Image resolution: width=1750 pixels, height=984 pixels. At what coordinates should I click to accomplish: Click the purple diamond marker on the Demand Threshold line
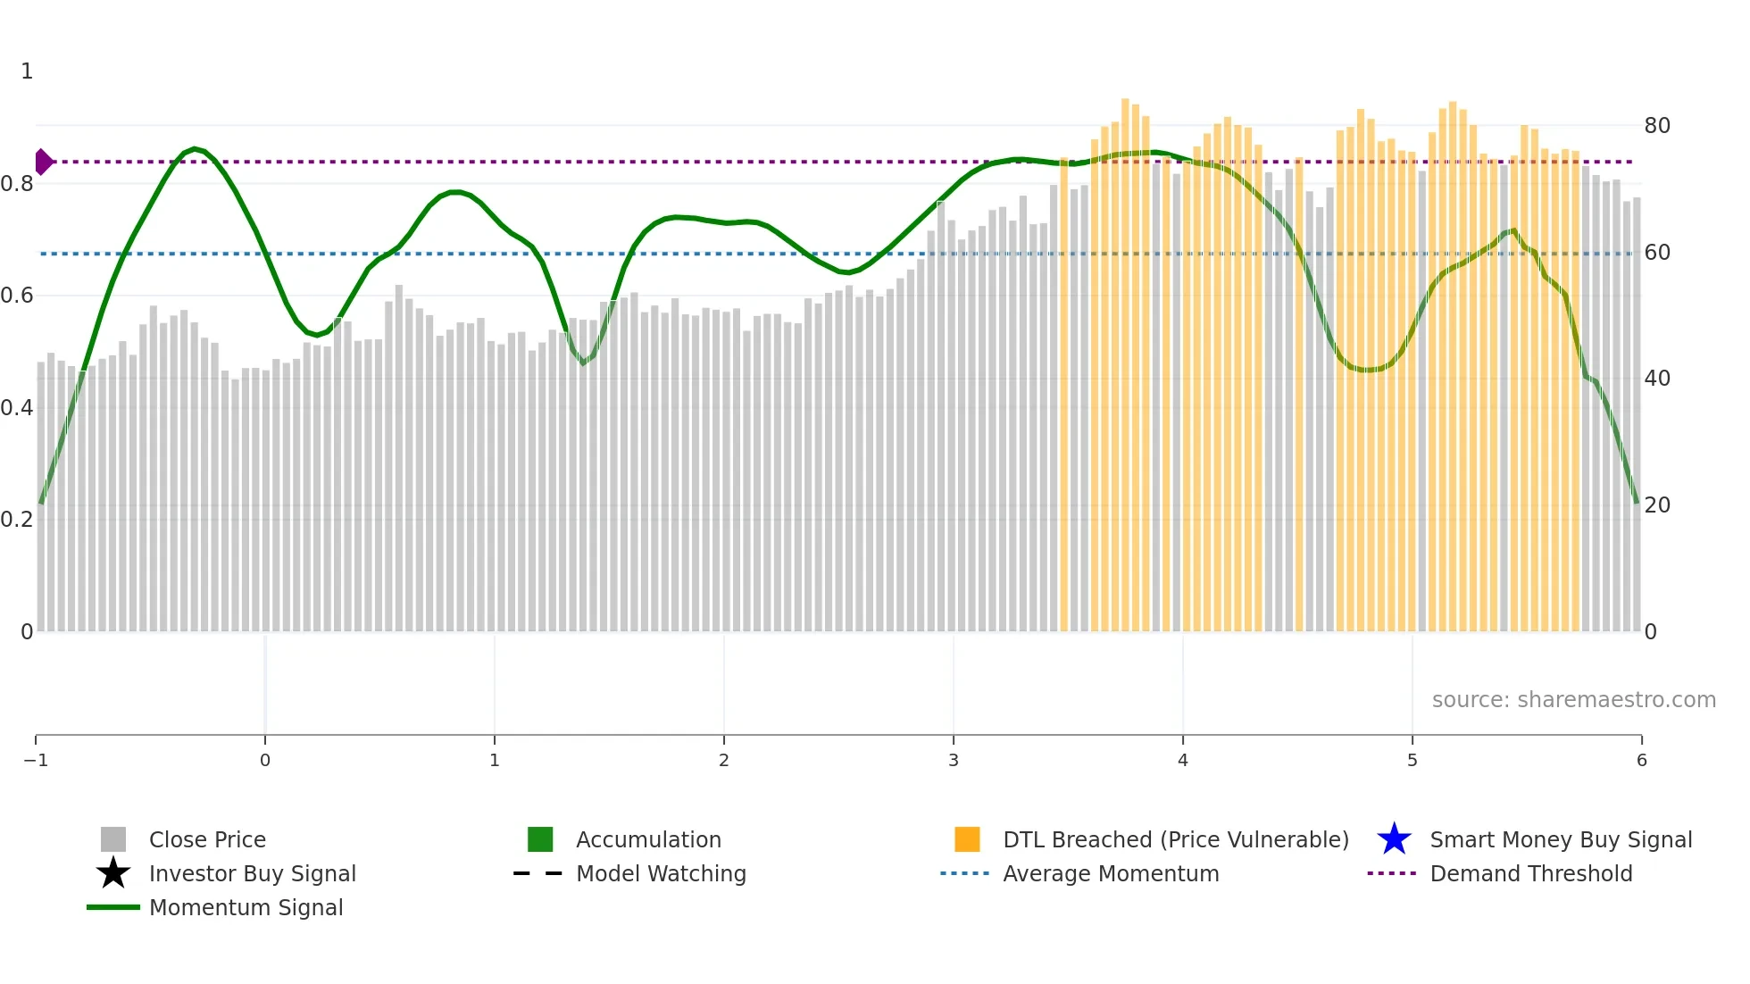43,162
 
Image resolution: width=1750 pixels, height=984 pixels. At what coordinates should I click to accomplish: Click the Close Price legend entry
207,839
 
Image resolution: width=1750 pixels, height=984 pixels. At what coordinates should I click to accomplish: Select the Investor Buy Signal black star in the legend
113,873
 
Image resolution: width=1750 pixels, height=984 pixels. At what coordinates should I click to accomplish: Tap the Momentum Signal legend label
246,907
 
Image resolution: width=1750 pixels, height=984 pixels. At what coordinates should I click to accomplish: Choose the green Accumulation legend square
540,839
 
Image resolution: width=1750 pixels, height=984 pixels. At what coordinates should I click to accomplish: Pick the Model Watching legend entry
661,873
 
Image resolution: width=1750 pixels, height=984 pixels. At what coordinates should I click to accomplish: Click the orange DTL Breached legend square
967,839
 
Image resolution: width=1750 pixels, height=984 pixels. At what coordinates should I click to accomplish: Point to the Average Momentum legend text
1111,873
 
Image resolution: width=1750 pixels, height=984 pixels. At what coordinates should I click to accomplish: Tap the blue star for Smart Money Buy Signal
1394,839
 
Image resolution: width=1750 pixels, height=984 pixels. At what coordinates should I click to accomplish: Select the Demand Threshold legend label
1530,873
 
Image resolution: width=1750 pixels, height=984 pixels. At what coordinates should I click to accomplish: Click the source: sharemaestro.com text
1573,699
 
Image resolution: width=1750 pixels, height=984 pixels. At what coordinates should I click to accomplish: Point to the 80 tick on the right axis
1657,126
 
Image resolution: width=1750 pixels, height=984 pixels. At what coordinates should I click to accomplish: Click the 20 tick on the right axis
1657,505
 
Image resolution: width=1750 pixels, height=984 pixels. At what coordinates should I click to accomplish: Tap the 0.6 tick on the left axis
17,296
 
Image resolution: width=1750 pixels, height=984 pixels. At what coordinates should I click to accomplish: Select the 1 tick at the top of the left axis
27,71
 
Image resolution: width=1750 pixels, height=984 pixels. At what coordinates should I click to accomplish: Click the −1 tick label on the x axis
36,760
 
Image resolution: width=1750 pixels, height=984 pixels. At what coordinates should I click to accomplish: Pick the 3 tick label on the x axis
954,760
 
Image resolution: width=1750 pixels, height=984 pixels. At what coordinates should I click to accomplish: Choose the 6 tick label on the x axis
1641,760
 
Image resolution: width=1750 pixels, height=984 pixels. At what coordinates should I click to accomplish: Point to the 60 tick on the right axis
1657,253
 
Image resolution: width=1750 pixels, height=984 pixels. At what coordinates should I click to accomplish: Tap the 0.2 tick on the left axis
17,520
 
